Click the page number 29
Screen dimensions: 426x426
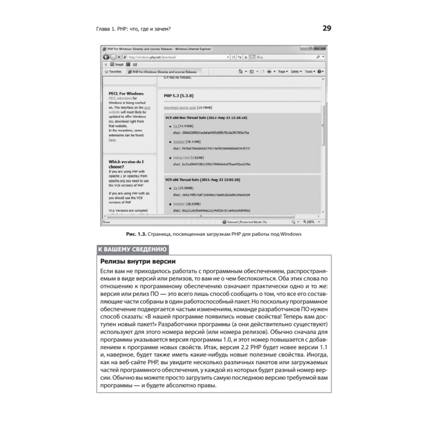coord(326,29)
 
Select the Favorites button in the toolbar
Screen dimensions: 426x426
coord(113,72)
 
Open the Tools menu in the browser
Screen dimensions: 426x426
coord(309,72)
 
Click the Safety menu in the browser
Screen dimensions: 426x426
coord(295,72)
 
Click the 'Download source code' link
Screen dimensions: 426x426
coord(178,108)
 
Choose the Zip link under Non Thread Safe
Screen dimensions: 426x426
coord(175,127)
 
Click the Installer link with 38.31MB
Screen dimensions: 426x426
coord(179,141)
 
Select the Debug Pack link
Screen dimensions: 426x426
coord(181,158)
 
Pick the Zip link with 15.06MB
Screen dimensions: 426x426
coord(175,188)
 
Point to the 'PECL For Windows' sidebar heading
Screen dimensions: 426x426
coord(126,93)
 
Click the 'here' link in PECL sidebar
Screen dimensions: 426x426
coord(112,139)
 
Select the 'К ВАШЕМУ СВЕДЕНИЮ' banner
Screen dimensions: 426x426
coord(132,250)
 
